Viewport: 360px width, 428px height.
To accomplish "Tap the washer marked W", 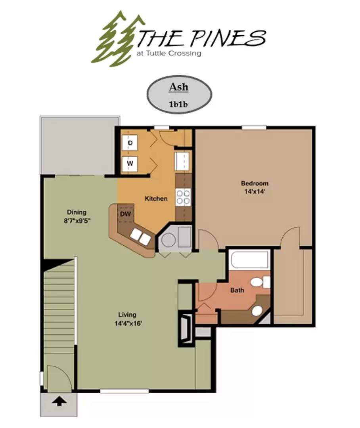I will click(130, 163).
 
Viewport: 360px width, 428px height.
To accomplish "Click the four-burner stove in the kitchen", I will click(183, 197).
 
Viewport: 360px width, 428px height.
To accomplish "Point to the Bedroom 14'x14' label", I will click(255, 187).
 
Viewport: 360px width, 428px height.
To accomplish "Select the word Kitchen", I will click(156, 199).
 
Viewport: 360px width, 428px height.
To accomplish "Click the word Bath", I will click(237, 290).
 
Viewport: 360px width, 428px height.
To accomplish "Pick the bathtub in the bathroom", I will click(249, 260).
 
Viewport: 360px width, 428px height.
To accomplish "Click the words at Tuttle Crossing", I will click(168, 53).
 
